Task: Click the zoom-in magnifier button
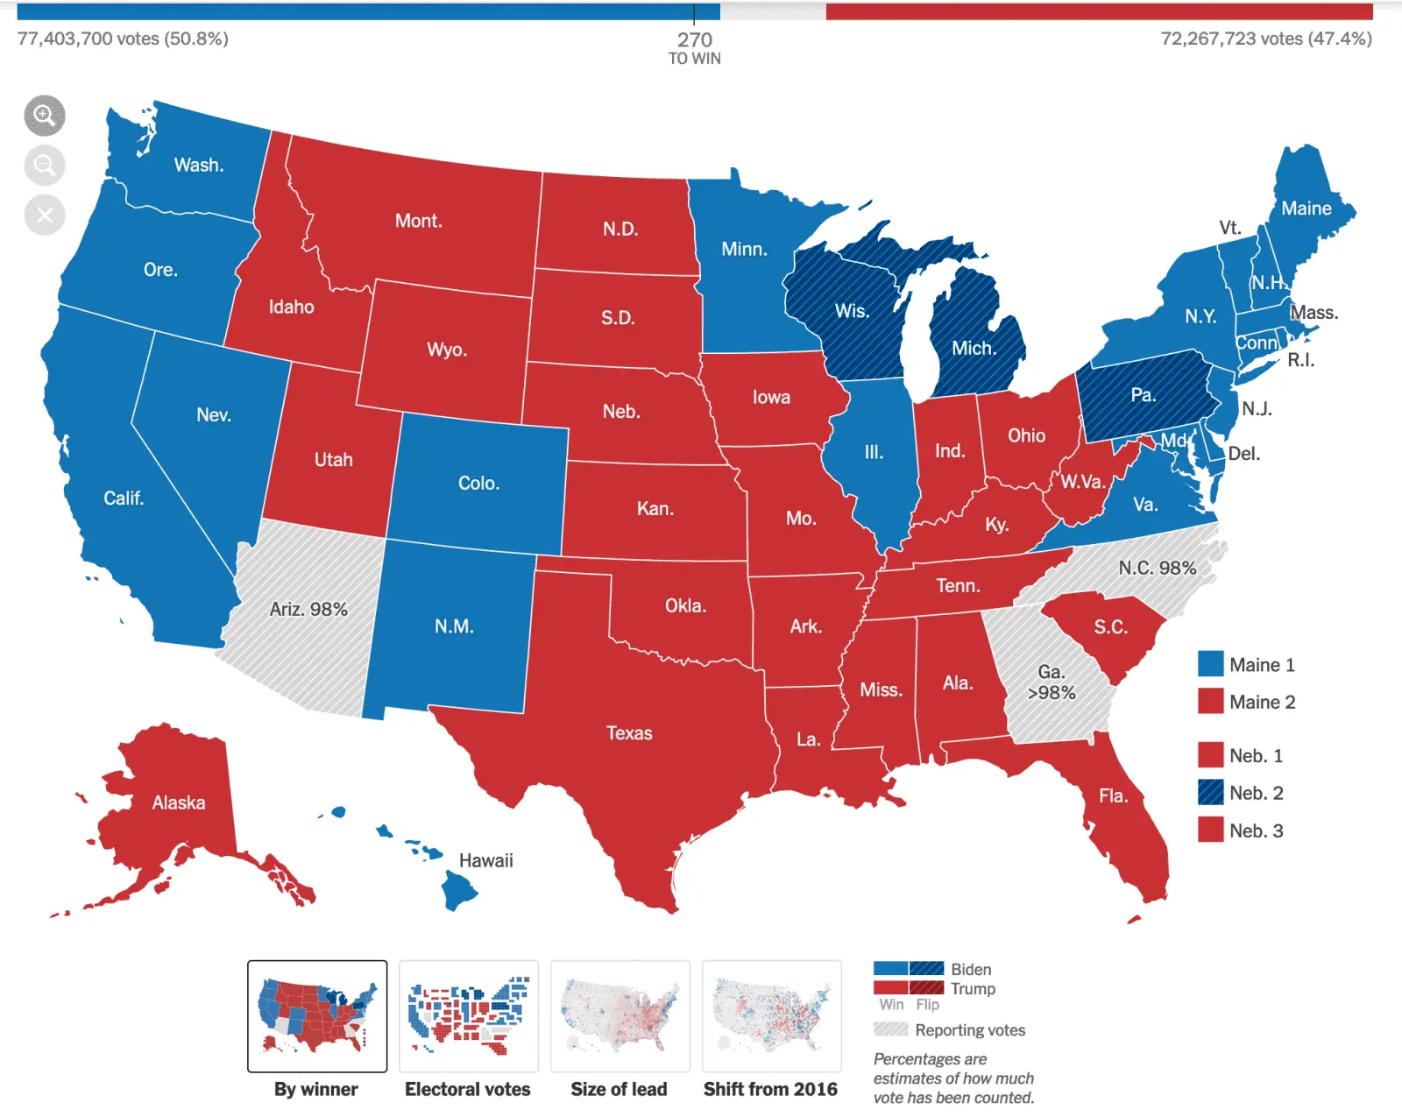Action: (x=45, y=116)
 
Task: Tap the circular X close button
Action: (x=45, y=215)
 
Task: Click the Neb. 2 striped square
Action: (x=1210, y=793)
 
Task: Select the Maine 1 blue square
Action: (x=1210, y=664)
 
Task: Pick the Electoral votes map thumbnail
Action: (x=468, y=1016)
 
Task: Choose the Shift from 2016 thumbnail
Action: (x=771, y=1016)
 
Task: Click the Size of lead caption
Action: (x=619, y=1089)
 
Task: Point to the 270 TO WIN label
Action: (x=695, y=47)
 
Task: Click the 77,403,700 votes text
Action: (x=123, y=39)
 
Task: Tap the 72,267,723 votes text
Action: (x=1266, y=39)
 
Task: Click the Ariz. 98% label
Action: (x=308, y=609)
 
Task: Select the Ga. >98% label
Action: (x=1051, y=682)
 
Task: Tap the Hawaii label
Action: (x=486, y=860)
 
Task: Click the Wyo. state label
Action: (x=447, y=350)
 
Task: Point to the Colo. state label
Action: (x=478, y=483)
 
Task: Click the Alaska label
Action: (x=179, y=802)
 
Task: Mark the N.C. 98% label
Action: (x=1157, y=568)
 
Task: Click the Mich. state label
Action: (x=974, y=348)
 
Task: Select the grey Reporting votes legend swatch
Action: (x=890, y=1029)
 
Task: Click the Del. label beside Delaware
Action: (x=1243, y=454)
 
